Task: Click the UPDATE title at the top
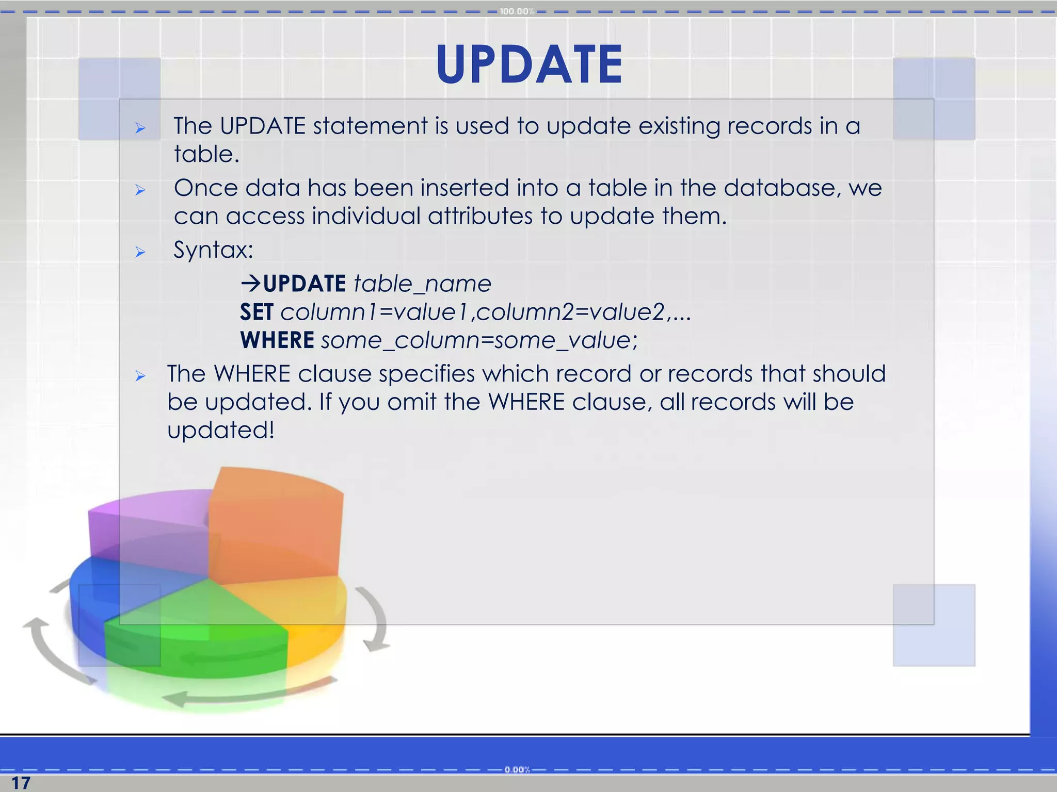tap(530, 64)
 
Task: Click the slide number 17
tap(21, 783)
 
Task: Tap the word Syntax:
tap(213, 250)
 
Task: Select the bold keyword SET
tap(257, 312)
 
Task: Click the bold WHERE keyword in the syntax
tap(277, 340)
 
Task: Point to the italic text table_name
tap(422, 284)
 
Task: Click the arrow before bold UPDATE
tap(251, 283)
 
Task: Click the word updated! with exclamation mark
tap(220, 430)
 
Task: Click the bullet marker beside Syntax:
tap(140, 252)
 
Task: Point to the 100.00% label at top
tap(516, 11)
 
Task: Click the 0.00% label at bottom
tap(517, 770)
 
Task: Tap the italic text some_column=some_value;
tap(479, 340)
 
